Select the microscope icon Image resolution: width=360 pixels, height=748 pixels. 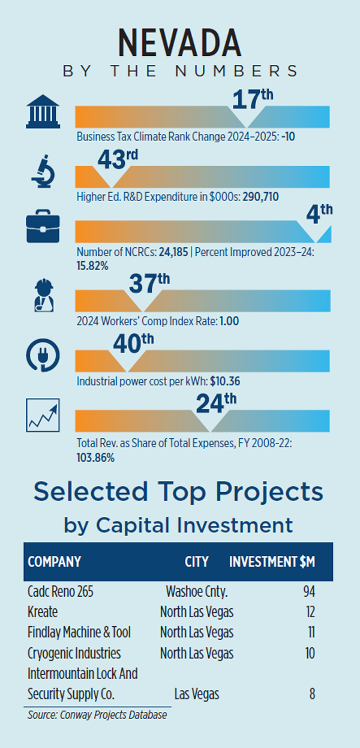coord(43,172)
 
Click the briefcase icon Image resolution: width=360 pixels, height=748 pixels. coord(43,228)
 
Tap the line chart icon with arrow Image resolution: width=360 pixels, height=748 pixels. coord(43,416)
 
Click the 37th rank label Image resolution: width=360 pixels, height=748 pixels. coord(149,283)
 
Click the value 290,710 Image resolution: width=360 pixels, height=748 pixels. coord(260,196)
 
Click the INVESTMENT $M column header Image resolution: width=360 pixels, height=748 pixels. coord(272,562)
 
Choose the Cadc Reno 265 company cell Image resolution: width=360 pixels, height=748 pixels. coord(61,592)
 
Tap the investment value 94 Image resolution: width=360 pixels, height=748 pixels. coord(309,592)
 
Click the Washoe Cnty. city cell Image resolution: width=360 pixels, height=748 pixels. coord(196,592)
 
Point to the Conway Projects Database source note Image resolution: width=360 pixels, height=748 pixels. coord(97,715)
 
